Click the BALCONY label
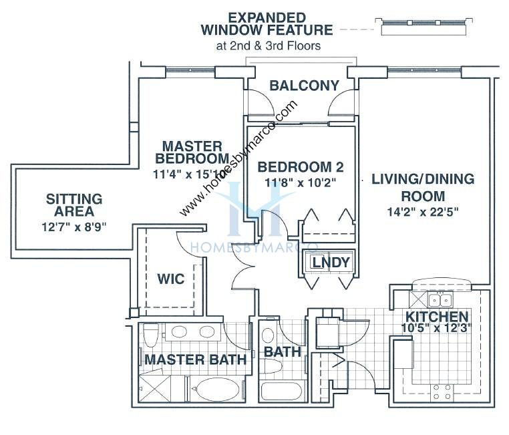pos(304,86)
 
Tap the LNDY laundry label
pos(331,263)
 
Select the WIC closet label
pos(170,279)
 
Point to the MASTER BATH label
pos(195,359)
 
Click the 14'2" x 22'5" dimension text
pos(423,213)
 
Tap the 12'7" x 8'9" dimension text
pos(73,227)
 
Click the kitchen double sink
pos(439,299)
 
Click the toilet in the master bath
pos(151,333)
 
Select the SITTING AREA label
pos(73,206)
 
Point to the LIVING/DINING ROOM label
pos(423,188)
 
